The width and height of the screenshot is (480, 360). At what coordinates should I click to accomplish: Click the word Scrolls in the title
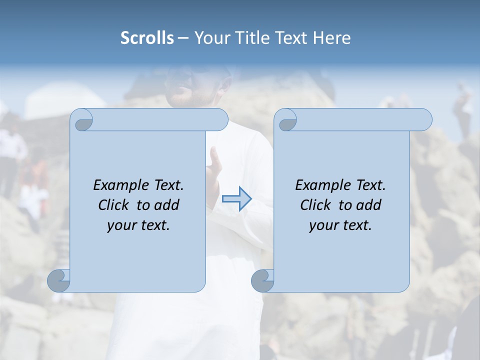pos(147,38)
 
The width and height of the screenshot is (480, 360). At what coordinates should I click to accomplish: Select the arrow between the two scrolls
pos(236,199)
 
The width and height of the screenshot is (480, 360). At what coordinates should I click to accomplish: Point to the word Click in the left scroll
pos(115,205)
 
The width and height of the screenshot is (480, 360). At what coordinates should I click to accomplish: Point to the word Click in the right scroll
pos(317,205)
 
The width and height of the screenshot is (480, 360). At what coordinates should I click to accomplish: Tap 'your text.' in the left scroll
pos(138,225)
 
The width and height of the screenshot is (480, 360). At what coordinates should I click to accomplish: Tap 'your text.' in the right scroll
pos(340,225)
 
